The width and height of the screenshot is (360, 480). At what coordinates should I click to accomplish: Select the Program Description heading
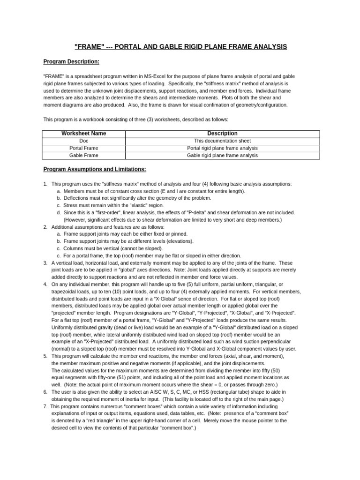71,61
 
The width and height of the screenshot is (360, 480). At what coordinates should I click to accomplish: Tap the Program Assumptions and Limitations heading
95,169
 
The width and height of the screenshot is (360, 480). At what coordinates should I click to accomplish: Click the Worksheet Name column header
83,134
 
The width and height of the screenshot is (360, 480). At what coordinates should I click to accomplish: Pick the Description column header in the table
222,134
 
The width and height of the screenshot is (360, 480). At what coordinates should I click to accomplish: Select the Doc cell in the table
83,141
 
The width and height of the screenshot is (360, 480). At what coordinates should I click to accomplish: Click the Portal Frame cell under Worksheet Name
83,148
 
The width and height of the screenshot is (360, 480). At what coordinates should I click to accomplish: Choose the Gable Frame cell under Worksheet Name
83,155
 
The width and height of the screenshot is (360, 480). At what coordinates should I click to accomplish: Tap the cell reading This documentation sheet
222,141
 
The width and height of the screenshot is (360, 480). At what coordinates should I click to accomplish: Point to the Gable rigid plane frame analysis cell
222,155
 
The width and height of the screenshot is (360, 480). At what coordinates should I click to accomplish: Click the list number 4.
45,285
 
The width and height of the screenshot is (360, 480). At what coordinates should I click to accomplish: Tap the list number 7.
45,407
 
